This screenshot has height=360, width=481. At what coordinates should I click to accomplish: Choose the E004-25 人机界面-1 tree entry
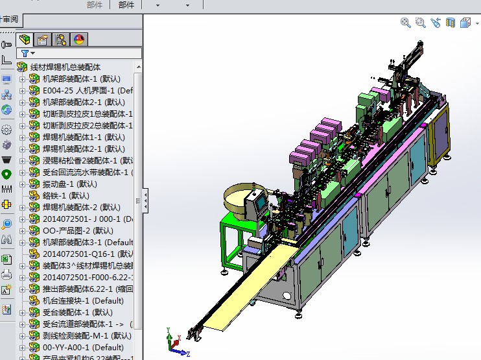pyautogui.click(x=87, y=90)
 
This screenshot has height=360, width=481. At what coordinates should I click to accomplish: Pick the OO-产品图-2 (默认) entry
pyautogui.click(x=77, y=230)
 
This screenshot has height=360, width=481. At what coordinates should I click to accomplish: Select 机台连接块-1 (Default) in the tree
pyautogui.click(x=82, y=300)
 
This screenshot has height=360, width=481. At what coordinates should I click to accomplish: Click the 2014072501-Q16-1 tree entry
pyautogui.click(x=88, y=254)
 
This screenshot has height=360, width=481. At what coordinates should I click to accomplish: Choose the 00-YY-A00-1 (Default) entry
pyautogui.click(x=82, y=347)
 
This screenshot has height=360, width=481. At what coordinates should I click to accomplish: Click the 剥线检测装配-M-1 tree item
pyautogui.click(x=86, y=335)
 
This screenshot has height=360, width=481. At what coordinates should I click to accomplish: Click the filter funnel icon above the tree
pyautogui.click(x=25, y=53)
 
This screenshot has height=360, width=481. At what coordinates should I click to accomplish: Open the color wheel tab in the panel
pyautogui.click(x=79, y=40)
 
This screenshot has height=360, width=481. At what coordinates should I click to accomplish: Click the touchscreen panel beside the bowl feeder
pyautogui.click(x=260, y=203)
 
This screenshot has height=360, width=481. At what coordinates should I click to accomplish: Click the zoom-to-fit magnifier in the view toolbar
pyautogui.click(x=406, y=23)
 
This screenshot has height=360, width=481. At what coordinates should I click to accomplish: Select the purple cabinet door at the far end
pyautogui.click(x=441, y=133)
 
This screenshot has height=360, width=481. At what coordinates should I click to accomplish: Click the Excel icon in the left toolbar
pyautogui.click(x=6, y=258)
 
